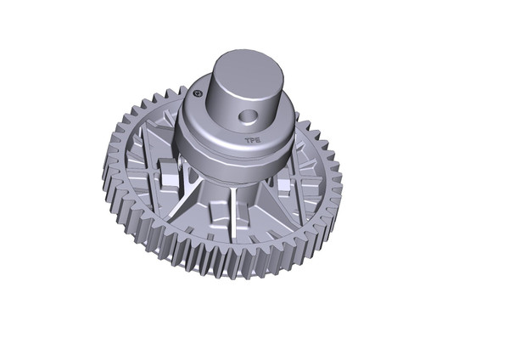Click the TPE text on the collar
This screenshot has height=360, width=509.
[x=251, y=133]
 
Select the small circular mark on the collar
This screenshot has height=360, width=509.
[x=197, y=95]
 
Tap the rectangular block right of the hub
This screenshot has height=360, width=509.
[x=282, y=183]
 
